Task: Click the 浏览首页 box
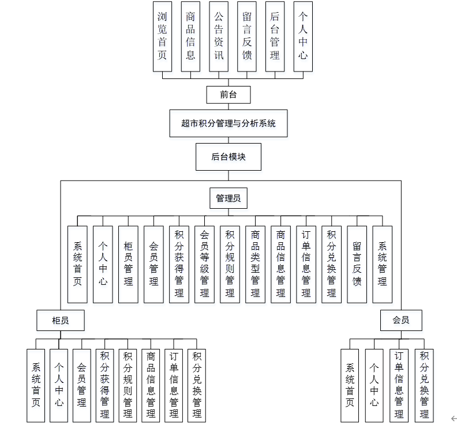tap(162, 36)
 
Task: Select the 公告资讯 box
tap(219, 36)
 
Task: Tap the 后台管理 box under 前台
tap(275, 36)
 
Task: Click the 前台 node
tap(228, 95)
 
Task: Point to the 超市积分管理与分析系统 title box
tap(228, 123)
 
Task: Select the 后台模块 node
tap(228, 157)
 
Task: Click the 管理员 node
tap(228, 199)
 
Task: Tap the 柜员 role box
tap(61, 320)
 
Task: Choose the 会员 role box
tap(400, 320)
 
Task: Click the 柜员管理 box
tap(128, 264)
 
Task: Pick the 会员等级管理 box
tap(204, 264)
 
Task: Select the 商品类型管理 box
tap(255, 264)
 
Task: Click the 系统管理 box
tap(382, 264)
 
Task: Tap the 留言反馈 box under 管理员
tap(357, 264)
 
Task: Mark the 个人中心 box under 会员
tap(374, 385)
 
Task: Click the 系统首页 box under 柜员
tap(36, 385)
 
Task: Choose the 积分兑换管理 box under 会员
tap(424, 385)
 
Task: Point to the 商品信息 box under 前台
tap(190, 36)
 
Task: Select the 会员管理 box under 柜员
tap(81, 385)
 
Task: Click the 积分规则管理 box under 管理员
tap(230, 264)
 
